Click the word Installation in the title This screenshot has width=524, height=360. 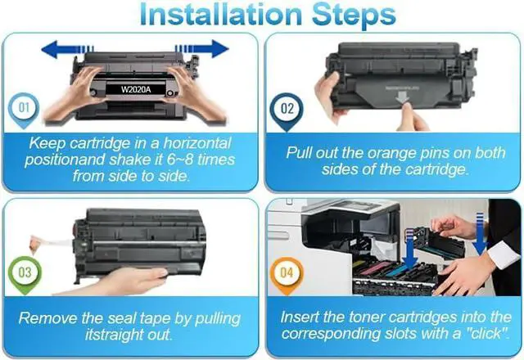[220, 15]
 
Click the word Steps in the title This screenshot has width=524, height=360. [354, 16]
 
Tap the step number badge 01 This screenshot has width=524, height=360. [24, 109]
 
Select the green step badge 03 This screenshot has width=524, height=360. [25, 274]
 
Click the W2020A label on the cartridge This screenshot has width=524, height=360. [136, 89]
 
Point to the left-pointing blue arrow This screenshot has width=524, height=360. [67, 50]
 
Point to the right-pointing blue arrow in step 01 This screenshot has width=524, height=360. [202, 49]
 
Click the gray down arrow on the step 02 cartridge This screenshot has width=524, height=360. [403, 97]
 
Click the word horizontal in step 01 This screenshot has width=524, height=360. [197, 144]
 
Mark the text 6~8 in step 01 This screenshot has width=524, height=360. [180, 160]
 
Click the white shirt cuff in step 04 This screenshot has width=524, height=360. [504, 255]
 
